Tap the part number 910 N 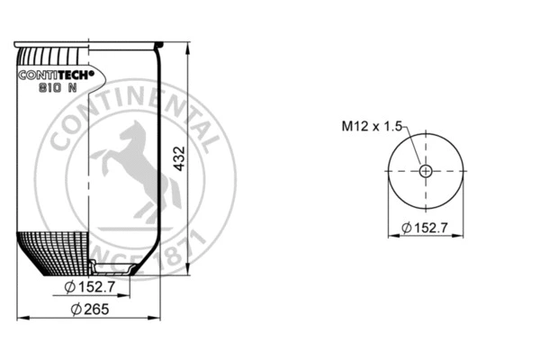(x=57, y=88)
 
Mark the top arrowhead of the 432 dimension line (x=187, y=45)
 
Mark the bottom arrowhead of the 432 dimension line (x=187, y=268)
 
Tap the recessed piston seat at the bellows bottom (x=113, y=266)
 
